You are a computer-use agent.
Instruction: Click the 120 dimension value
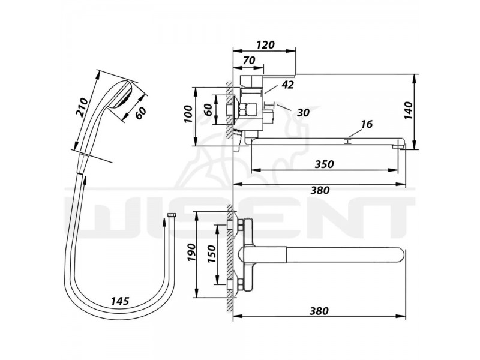[265, 44]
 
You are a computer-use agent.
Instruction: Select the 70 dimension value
[248, 61]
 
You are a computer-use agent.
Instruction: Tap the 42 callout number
[287, 85]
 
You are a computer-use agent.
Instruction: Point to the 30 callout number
[303, 112]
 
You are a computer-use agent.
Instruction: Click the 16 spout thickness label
[367, 124]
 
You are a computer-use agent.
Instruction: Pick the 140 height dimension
[409, 110]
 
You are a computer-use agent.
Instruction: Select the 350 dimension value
[324, 164]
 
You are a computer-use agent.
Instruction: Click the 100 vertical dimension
[188, 114]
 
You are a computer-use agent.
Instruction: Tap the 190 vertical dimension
[191, 253]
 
